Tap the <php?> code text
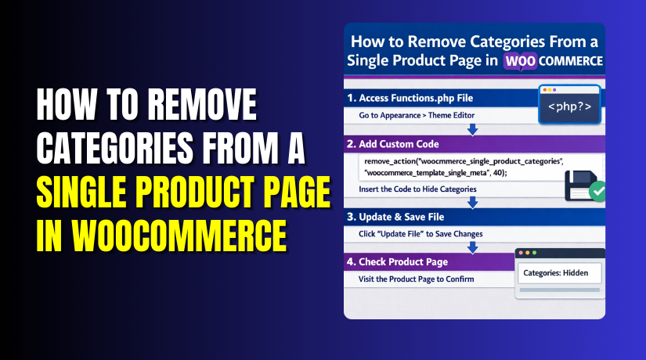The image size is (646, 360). coord(569,105)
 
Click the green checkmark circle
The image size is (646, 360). coord(597,190)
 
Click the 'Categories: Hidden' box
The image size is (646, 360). coord(559,273)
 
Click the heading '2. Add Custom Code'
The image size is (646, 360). coord(397,144)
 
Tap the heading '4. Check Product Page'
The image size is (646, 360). coord(402,261)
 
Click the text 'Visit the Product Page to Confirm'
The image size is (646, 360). coord(417,279)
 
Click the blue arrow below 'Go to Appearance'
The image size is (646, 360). coord(471,130)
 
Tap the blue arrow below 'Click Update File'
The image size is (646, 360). coord(471,247)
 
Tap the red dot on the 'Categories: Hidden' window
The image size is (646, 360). coord(523,253)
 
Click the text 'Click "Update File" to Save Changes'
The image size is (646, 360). coord(420,234)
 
